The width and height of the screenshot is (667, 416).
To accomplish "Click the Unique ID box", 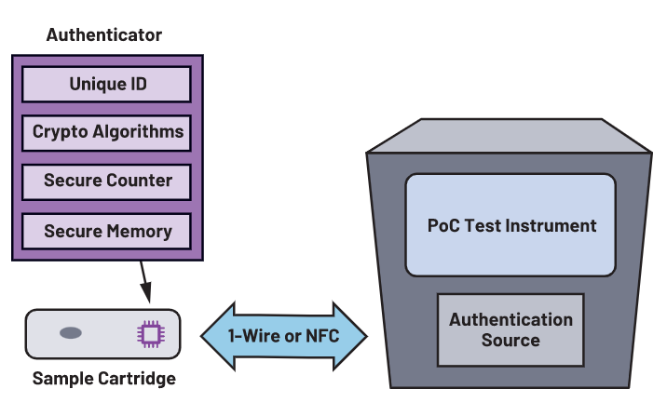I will click(108, 85).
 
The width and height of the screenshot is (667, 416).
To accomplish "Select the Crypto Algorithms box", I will click(108, 131).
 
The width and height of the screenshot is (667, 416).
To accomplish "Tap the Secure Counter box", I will click(108, 180).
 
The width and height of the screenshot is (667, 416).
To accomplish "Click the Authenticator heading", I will click(104, 35).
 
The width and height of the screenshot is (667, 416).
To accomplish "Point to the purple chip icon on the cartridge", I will click(149, 334).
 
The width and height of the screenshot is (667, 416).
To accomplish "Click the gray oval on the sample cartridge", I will click(71, 333).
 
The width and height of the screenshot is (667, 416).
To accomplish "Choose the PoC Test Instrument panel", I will click(510, 225).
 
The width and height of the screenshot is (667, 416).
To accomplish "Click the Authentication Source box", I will click(510, 329).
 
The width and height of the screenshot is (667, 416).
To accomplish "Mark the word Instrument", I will click(548, 225).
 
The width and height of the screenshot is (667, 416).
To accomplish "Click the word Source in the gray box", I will click(510, 340).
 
